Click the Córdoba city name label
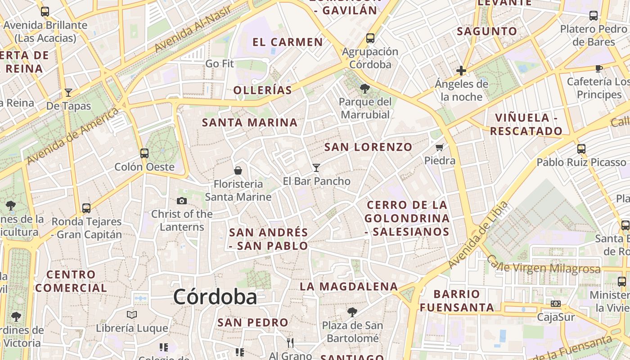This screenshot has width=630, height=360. tap(215, 297)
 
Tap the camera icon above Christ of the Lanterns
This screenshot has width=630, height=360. tap(182, 201)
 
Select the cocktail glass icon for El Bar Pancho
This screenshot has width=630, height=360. tap(316, 168)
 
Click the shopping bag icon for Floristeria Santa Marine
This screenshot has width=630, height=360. tap(238, 171)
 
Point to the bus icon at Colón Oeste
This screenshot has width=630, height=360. tap(144, 153)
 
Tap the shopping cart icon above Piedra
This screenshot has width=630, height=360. tap(440, 147)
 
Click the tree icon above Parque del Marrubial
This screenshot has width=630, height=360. tap(365, 89)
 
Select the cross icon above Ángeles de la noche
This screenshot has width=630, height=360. tap(461, 71)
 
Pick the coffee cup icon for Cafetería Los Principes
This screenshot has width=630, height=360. tap(598, 68)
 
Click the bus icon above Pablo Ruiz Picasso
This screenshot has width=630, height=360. tap(581, 148)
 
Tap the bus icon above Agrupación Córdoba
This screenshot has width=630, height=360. tap(370, 38)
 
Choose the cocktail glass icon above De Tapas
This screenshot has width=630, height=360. tap(68, 93)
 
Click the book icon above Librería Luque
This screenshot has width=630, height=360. tap(131, 315)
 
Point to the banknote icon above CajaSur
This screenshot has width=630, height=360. tap(556, 304)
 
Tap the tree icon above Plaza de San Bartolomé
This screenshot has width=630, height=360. tap(352, 312)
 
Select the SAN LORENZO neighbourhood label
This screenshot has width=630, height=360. tap(368, 147)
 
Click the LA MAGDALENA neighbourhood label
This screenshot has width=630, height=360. tap(349, 286)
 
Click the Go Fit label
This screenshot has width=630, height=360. tap(220, 64)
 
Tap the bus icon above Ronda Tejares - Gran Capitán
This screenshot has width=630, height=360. tap(86, 208)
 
